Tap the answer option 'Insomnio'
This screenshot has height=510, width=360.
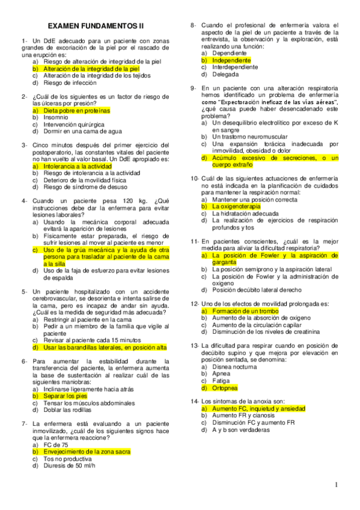pyautogui.click(x=55, y=118)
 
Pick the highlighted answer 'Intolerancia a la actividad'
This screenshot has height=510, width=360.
pyautogui.click(x=78, y=165)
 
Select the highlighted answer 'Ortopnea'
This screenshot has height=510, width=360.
pyautogui.click(x=225, y=388)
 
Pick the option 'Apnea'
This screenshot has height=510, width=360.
pyautogui.click(x=222, y=373)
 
